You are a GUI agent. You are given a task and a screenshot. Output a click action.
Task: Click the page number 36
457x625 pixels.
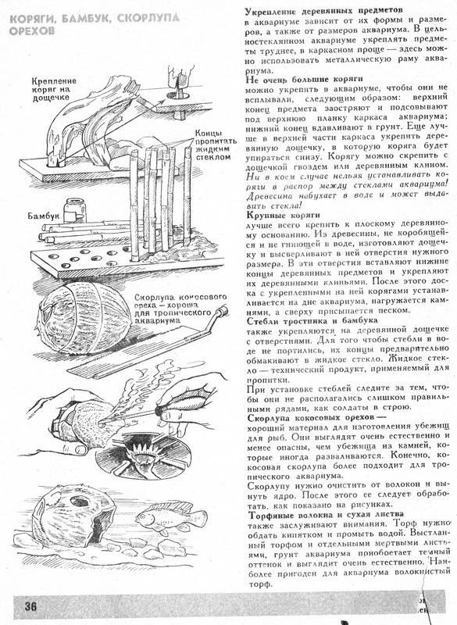click(30, 606)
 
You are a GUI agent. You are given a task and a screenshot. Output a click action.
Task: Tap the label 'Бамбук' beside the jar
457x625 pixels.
click(43, 216)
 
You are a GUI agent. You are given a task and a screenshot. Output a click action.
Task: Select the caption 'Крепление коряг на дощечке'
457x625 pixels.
click(54, 89)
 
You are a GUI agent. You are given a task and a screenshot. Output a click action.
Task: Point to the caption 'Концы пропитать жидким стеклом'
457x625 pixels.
click(216, 145)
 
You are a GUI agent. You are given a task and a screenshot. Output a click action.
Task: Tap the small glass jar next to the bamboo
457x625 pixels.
click(75, 210)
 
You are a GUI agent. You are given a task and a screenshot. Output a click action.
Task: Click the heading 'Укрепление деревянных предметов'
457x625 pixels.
click(323, 10)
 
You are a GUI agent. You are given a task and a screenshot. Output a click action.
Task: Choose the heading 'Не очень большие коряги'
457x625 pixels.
click(304, 79)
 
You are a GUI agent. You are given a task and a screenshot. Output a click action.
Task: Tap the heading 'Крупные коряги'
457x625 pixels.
click(284, 216)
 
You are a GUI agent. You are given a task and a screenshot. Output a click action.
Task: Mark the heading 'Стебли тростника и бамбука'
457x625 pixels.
click(312, 320)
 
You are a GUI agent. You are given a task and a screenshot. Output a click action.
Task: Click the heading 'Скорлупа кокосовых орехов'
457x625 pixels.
click(316, 418)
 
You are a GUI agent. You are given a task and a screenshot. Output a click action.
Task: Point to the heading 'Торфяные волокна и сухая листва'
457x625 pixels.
click(326, 515)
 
